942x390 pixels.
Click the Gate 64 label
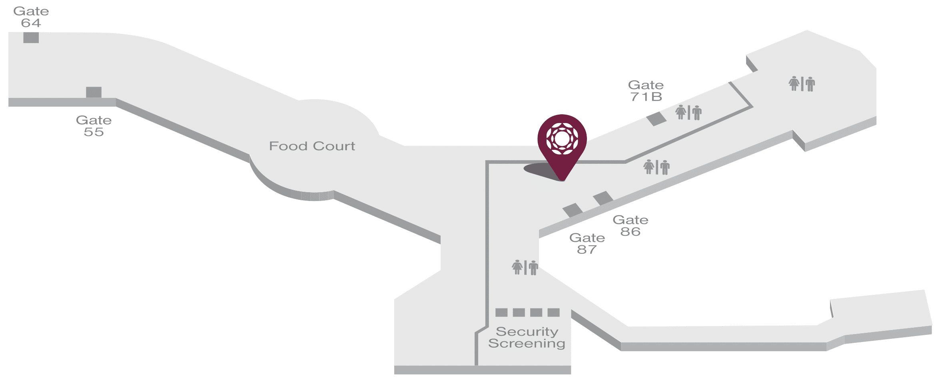31,17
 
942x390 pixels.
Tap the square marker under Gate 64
31,38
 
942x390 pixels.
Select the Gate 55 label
94,126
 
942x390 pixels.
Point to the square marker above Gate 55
94,92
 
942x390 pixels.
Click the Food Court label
312,146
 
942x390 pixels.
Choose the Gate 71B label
646,91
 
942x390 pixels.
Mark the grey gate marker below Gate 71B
656,119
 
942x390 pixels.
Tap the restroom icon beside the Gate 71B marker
689,112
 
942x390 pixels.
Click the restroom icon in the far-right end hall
802,84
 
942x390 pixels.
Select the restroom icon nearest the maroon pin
656,167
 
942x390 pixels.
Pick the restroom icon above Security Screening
525,267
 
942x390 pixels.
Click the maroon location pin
562,144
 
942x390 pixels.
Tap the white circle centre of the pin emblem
562,139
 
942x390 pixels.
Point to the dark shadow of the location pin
538,170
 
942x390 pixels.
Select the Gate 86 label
630,225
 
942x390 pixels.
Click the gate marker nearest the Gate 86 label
603,198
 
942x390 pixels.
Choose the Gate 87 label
587,243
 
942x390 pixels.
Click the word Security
527,332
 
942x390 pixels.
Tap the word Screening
527,344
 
